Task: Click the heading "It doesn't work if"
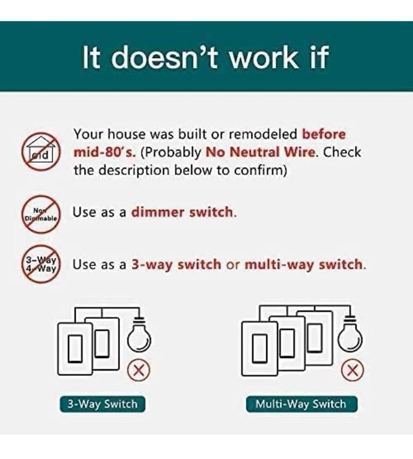click(x=205, y=57)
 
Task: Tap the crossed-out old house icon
click(x=41, y=152)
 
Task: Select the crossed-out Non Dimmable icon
click(x=41, y=214)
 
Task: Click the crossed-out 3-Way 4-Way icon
click(x=41, y=264)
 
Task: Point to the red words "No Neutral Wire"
click(x=261, y=152)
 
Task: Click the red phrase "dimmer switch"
click(x=183, y=212)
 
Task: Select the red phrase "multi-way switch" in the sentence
click(x=303, y=264)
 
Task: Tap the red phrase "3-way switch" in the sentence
click(x=176, y=264)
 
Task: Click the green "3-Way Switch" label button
click(x=103, y=404)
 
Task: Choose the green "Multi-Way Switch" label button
click(x=301, y=404)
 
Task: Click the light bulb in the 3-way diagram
click(x=139, y=334)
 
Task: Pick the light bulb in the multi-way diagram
click(x=350, y=334)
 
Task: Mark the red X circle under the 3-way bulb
click(x=139, y=371)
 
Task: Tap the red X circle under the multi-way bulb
click(x=353, y=371)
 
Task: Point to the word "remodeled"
click(x=263, y=134)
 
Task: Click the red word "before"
click(x=324, y=134)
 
